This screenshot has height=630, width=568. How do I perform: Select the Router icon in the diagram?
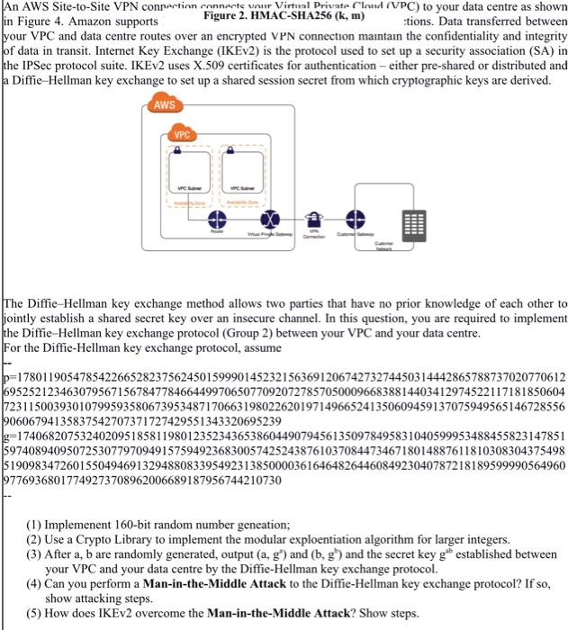215,220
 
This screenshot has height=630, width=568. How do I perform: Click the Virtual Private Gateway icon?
266,220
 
